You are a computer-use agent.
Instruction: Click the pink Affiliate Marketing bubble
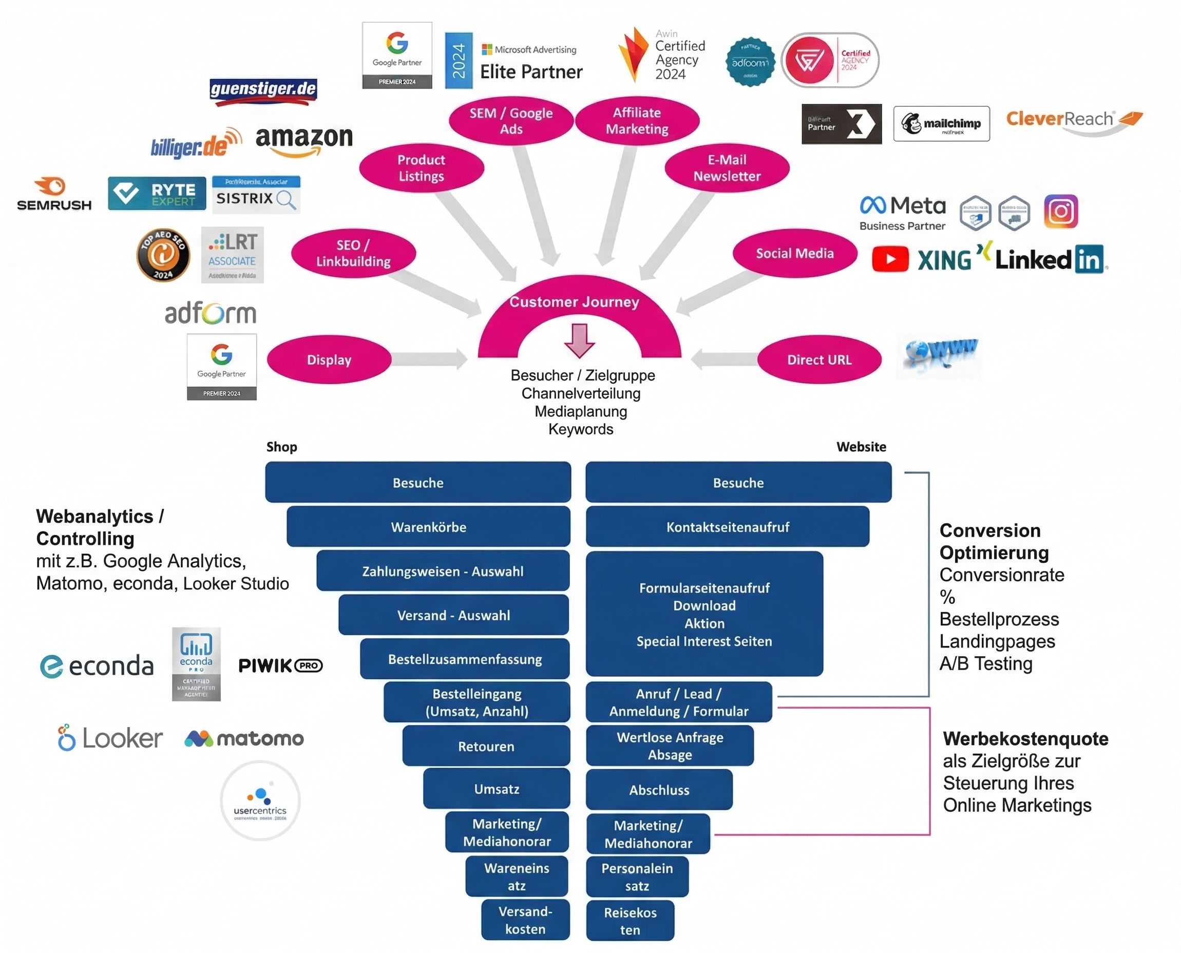[x=637, y=121]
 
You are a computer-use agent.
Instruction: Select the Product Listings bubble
[x=421, y=168]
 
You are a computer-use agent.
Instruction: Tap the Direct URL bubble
[x=818, y=359]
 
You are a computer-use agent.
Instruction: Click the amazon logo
[x=303, y=140]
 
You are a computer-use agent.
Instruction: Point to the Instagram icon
[x=1060, y=212]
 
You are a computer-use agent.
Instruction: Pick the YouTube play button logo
[x=889, y=259]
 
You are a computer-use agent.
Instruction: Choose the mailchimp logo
[x=941, y=124]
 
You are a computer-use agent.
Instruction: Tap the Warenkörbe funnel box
[x=428, y=527]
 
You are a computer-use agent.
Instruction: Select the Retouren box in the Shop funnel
[x=486, y=746]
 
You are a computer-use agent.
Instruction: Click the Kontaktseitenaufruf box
[x=728, y=527]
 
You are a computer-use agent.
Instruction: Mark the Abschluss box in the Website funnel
[x=659, y=790]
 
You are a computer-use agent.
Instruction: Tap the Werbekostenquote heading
[x=1025, y=739]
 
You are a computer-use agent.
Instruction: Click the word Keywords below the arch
[x=580, y=429]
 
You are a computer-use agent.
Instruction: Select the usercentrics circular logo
[x=260, y=800]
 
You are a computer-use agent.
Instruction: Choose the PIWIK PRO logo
[x=280, y=666]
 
